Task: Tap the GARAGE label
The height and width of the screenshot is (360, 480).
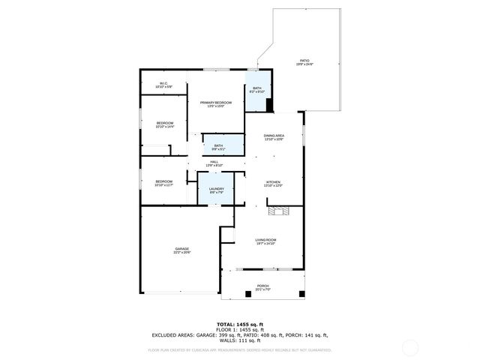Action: click(182, 250)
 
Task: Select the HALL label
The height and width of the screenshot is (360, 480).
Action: click(214, 163)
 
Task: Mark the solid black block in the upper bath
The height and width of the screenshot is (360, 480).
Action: click(270, 105)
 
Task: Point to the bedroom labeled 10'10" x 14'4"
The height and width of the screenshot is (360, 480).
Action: click(165, 124)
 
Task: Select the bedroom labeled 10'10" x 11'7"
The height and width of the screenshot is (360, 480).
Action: click(164, 182)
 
